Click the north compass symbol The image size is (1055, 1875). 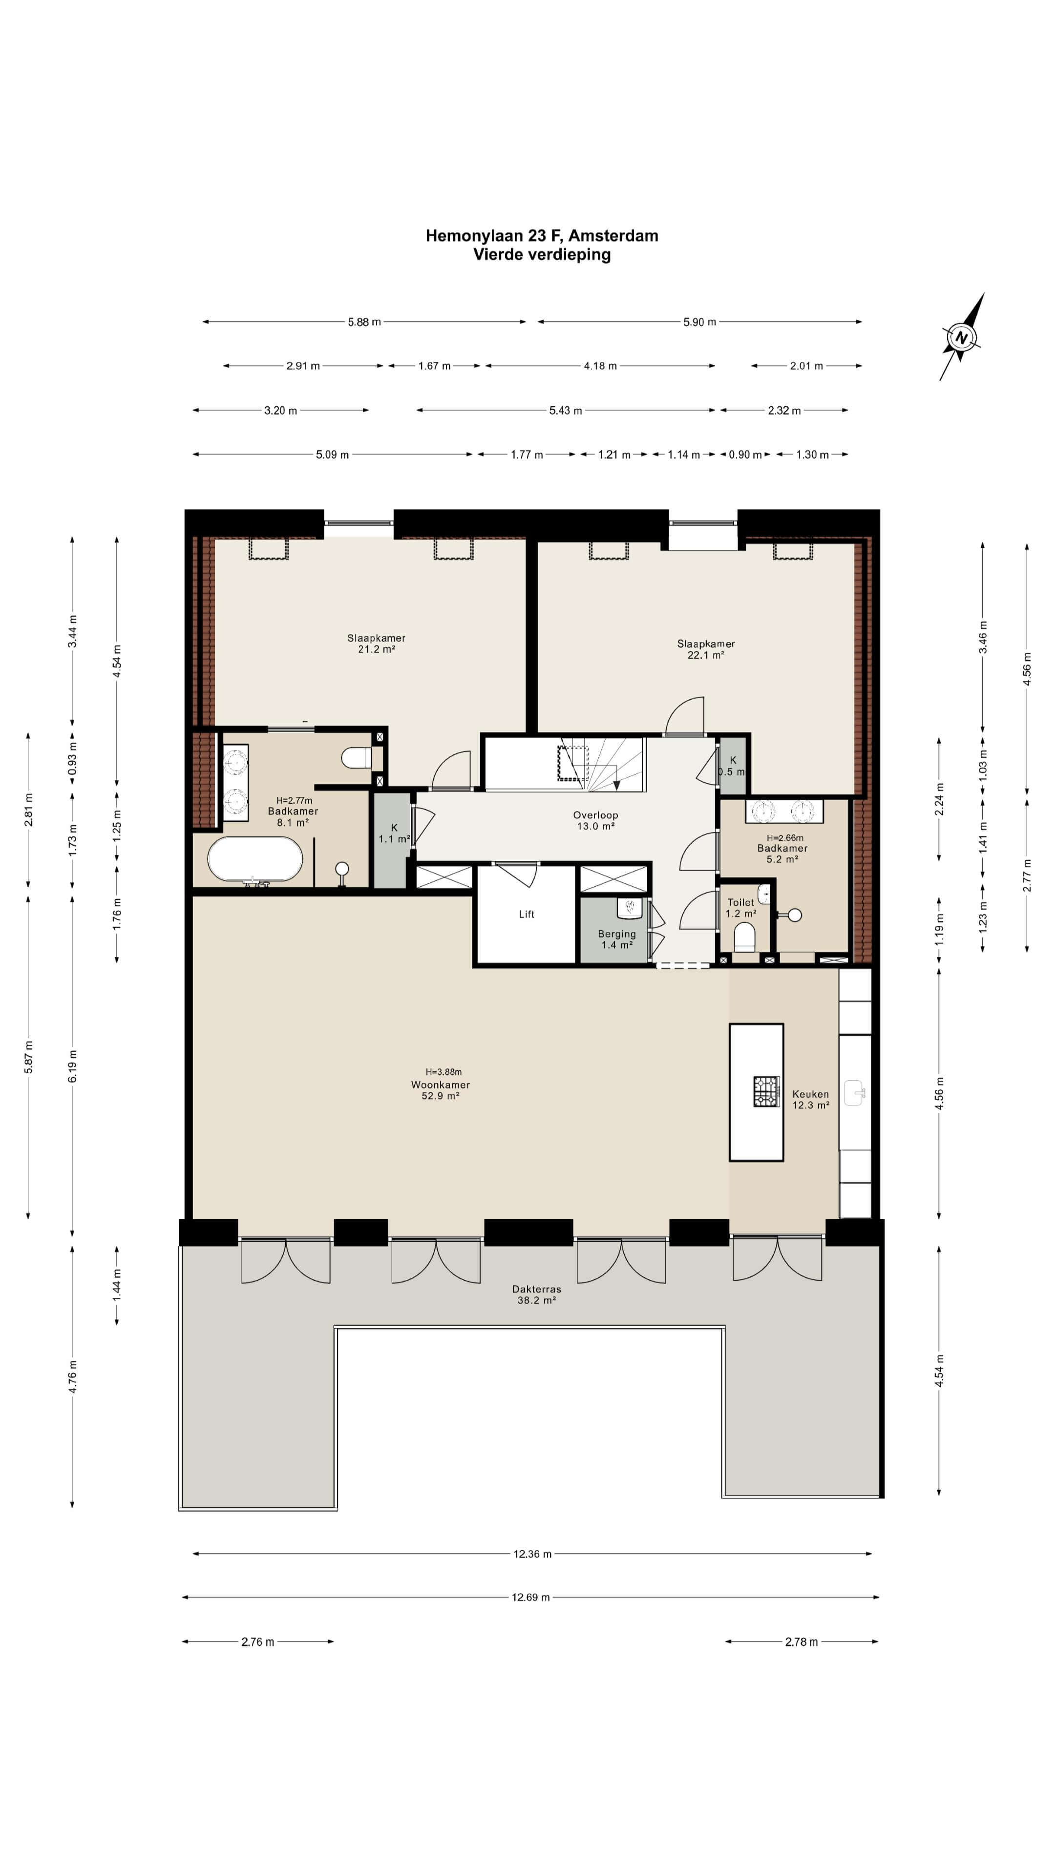[x=962, y=337]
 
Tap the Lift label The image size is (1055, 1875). [x=527, y=914]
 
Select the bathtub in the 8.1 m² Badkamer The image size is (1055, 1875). [x=255, y=859]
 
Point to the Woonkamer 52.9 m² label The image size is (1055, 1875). [x=441, y=1090]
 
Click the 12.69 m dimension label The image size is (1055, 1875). [x=531, y=1597]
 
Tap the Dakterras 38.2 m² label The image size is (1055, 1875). [x=537, y=1294]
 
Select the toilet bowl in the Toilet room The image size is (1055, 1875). [x=744, y=937]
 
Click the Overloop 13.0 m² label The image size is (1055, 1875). [x=595, y=820]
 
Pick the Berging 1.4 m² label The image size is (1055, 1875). [x=617, y=939]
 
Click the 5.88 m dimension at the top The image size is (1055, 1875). [x=364, y=322]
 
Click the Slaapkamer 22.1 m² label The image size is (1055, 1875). [x=705, y=648]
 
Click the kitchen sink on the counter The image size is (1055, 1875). [x=855, y=1092]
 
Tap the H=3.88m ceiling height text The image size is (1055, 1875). [x=443, y=1071]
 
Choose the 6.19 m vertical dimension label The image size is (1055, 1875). [x=72, y=1065]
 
